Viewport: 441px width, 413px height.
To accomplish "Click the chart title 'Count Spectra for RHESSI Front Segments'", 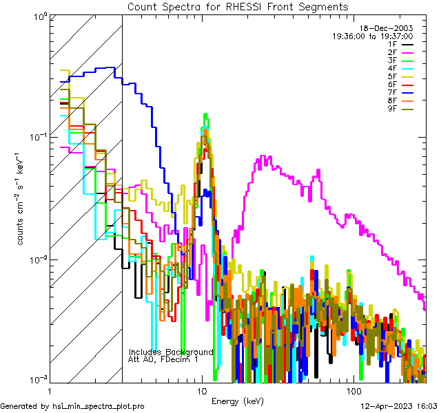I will click(238, 7).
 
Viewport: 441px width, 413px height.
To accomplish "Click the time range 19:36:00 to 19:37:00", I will click(372, 36).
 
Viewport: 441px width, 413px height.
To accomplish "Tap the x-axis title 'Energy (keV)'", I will click(238, 401).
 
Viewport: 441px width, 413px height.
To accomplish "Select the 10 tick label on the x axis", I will click(202, 390).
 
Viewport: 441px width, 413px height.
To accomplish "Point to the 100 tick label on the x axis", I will click(353, 390).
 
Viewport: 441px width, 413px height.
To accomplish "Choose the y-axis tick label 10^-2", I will click(36, 260).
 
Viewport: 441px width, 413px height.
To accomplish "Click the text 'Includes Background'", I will click(171, 352).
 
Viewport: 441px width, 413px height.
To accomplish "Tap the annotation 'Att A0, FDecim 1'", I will click(163, 359).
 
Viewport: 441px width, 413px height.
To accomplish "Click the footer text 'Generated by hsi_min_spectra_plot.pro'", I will click(72, 406).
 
